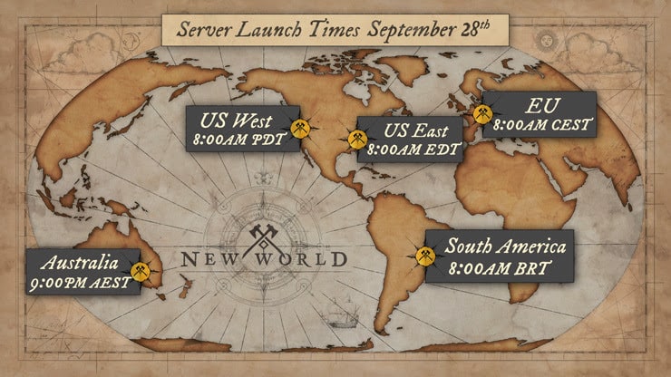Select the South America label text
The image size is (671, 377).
click(x=505, y=246)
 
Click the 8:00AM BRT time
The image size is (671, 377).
click(x=499, y=267)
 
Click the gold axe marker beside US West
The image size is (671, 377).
click(x=301, y=130)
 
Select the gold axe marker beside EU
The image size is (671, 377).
click(x=481, y=114)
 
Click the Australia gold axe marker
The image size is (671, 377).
click(x=139, y=271)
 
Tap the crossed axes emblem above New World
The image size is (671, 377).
click(x=264, y=233)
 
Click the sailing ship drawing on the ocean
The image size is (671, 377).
click(x=342, y=313)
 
